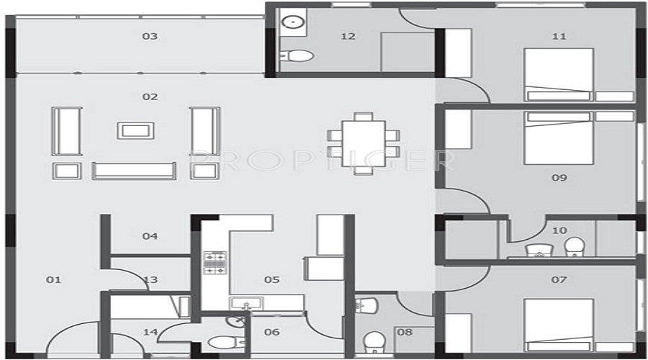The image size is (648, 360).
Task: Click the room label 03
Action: tap(150, 37)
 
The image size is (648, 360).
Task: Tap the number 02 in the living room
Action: tap(150, 96)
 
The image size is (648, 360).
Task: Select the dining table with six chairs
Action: tap(364, 143)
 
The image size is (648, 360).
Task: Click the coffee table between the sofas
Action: tap(135, 130)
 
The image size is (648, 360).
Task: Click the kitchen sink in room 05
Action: tap(246, 304)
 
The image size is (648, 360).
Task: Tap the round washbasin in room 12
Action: tap(294, 23)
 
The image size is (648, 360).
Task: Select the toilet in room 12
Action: tap(297, 55)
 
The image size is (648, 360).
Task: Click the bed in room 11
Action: tap(558, 73)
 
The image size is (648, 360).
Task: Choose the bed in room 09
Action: tap(558, 138)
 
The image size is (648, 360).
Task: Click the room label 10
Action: tap(559, 230)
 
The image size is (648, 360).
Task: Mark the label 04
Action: tap(150, 236)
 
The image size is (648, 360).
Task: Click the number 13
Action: tap(150, 279)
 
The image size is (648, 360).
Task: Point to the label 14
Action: tap(150, 332)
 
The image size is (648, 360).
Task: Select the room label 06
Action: tap(271, 332)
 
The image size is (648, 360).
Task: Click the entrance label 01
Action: tap(54, 279)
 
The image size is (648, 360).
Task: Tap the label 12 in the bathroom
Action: tap(348, 37)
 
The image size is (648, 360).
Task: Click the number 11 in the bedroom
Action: tap(559, 37)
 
